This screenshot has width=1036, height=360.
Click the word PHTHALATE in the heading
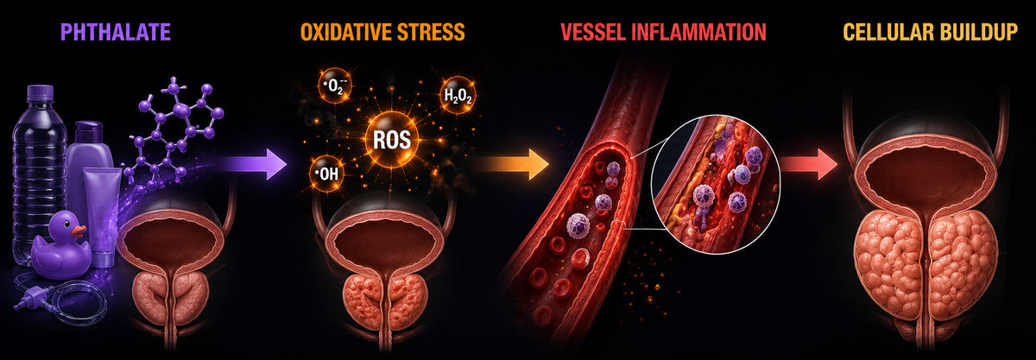(116, 33)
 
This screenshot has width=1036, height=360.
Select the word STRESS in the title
(425, 33)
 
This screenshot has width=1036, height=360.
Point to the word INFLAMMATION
(697, 33)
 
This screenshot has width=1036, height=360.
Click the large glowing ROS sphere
(392, 139)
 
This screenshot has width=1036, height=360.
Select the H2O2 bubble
(458, 95)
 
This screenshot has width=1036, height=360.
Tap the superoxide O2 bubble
(335, 86)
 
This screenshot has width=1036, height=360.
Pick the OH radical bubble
(326, 174)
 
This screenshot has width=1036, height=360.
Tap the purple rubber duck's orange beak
(79, 230)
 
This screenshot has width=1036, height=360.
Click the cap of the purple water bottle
(41, 92)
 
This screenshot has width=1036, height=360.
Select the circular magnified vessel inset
(716, 185)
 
